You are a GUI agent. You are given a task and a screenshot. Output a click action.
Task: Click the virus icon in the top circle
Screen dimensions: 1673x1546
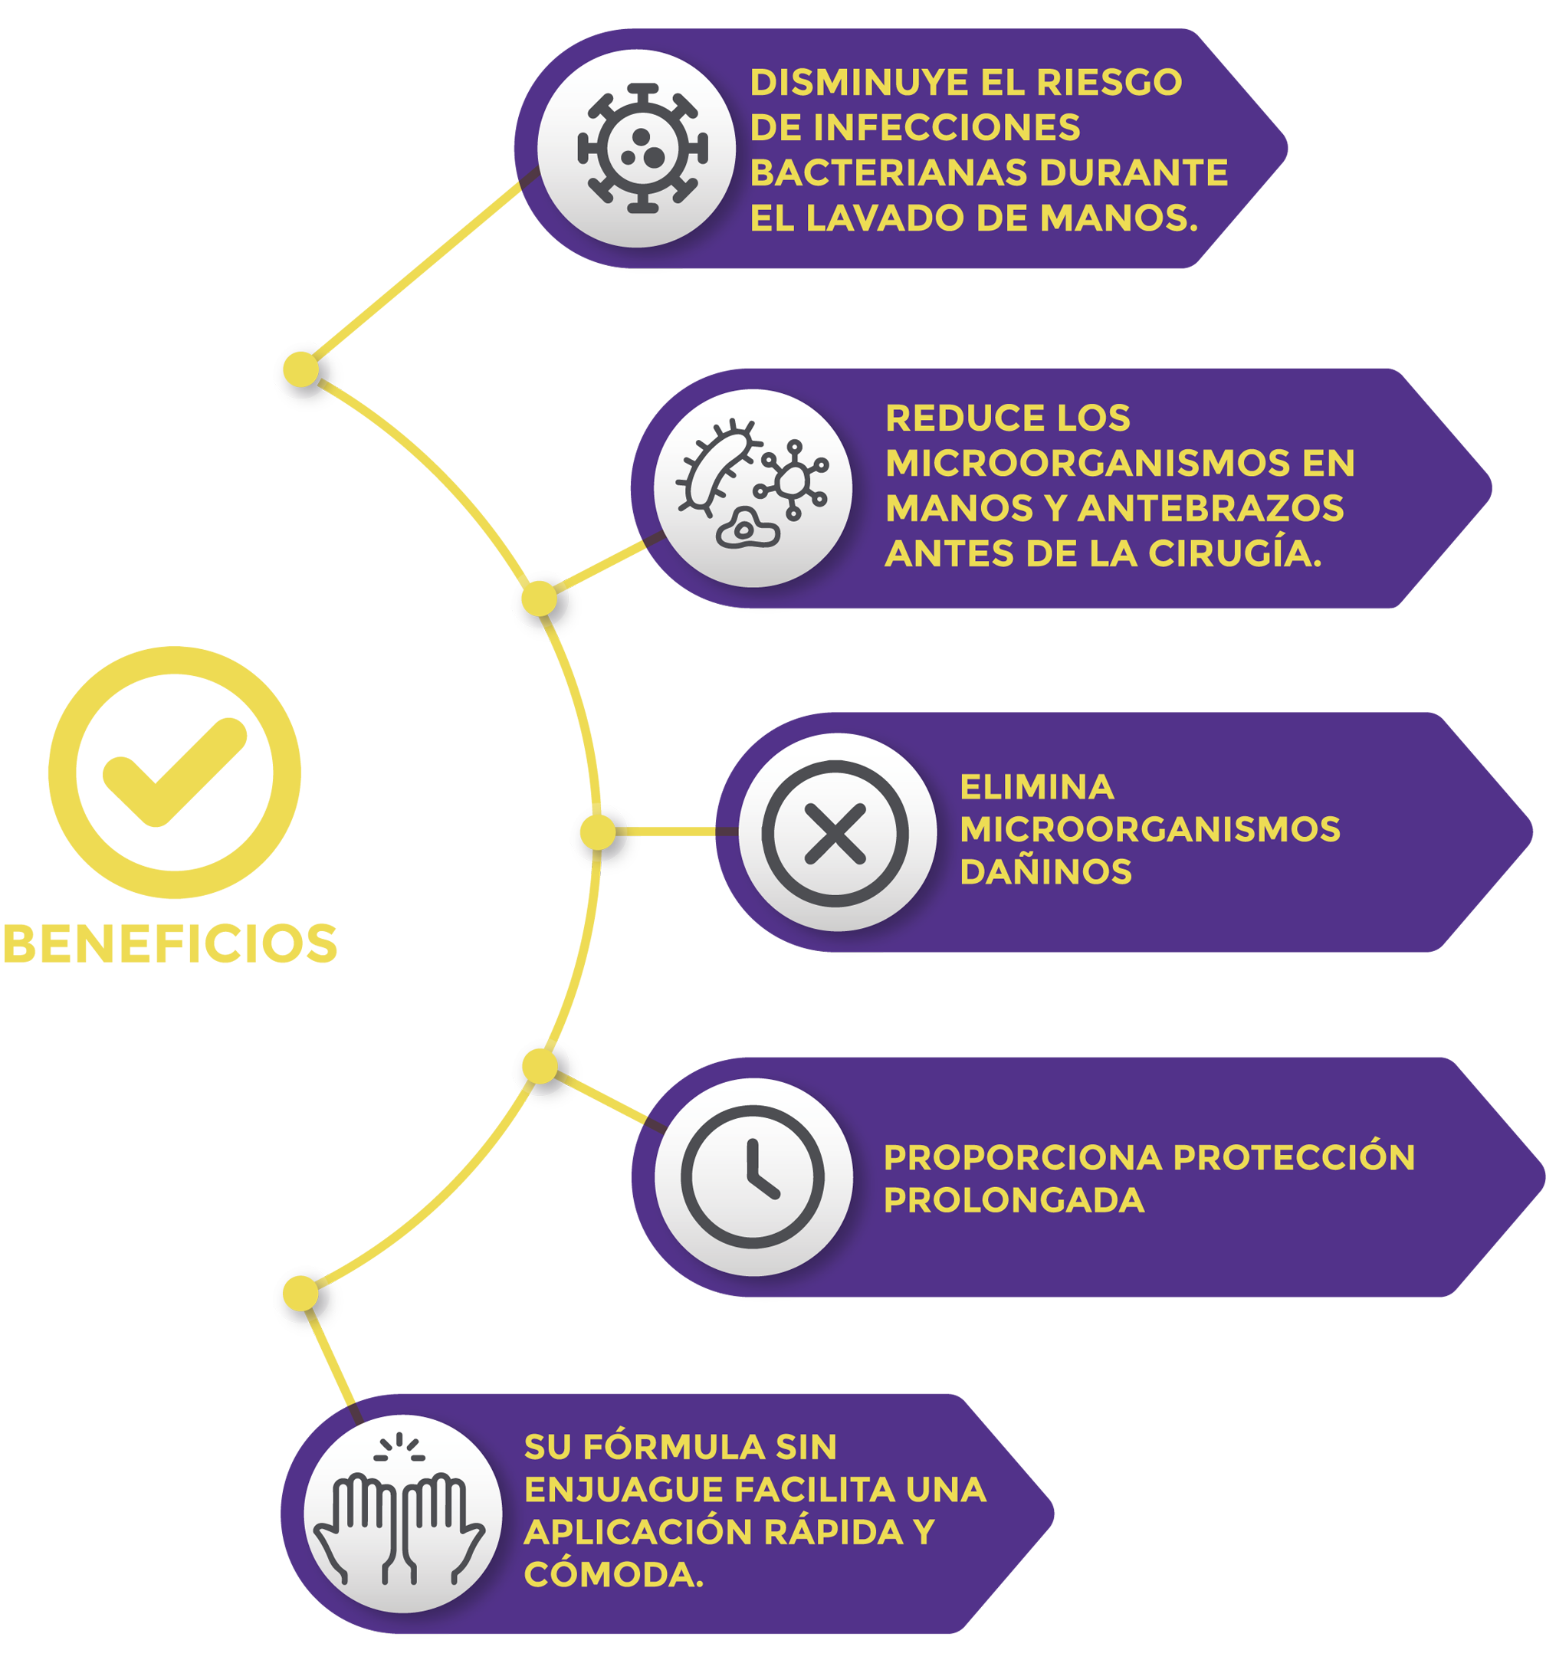642,149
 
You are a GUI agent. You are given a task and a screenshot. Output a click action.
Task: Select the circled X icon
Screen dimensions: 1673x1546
835,833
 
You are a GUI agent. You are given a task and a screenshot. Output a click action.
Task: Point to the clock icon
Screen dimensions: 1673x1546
752,1176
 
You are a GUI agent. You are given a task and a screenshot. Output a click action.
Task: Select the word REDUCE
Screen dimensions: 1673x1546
950,418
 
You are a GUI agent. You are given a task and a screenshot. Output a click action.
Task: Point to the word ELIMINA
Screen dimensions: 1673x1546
1036,787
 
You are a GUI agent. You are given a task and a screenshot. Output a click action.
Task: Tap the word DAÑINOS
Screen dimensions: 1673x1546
1045,871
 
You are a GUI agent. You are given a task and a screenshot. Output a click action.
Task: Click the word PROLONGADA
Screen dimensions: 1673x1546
1014,1200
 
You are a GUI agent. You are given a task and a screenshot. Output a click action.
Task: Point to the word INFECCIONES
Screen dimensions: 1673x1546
946,128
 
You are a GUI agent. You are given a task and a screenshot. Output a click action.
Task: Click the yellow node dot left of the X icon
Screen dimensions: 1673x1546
597,832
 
